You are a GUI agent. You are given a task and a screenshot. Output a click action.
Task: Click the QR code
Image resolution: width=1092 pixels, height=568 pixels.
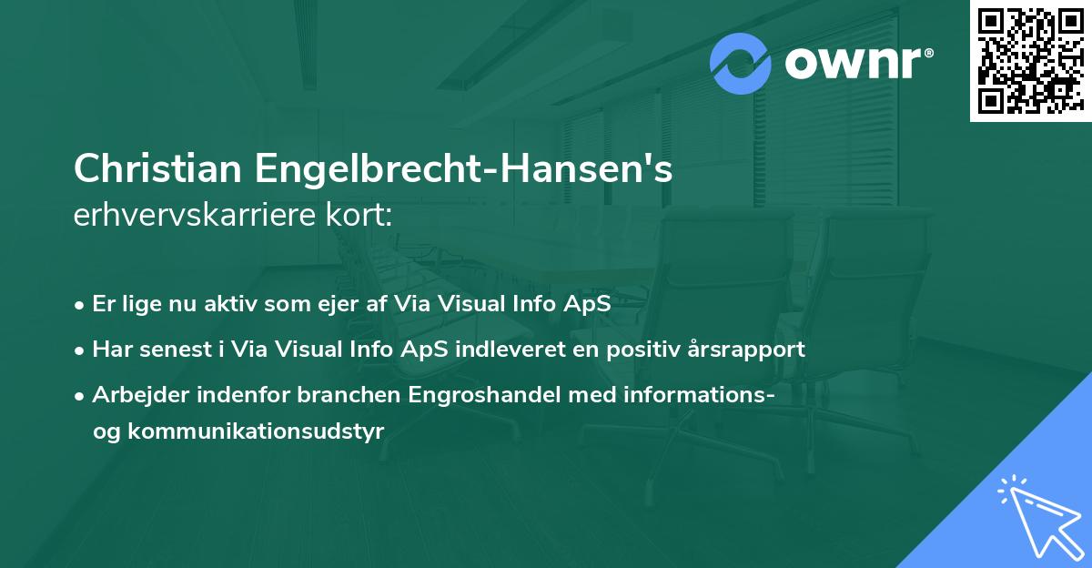[x=1030, y=61]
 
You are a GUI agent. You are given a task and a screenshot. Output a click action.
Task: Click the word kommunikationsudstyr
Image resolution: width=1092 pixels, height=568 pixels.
[x=257, y=431]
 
